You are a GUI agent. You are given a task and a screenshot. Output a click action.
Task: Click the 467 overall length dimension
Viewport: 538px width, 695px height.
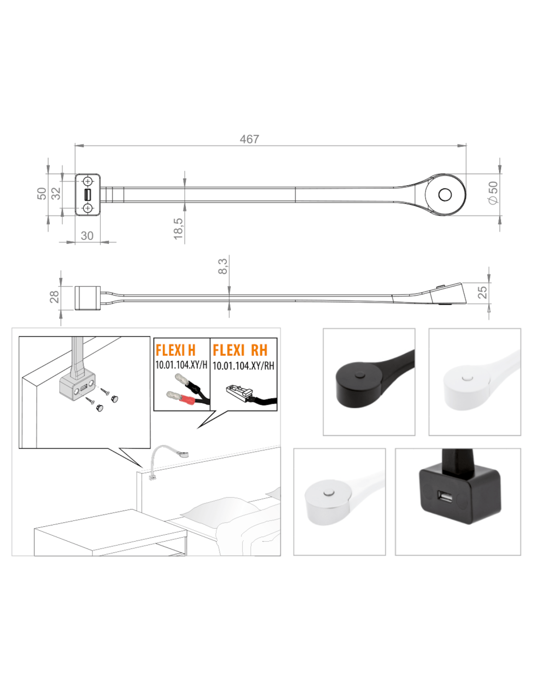(249, 139)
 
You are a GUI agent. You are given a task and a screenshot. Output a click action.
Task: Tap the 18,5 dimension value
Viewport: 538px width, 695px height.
(178, 229)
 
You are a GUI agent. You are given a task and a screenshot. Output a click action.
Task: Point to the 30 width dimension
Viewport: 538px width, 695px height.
(87, 236)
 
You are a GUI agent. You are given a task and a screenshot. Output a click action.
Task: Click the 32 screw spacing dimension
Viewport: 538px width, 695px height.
(56, 194)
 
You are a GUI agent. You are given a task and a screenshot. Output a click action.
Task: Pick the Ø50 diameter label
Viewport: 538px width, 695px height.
(493, 193)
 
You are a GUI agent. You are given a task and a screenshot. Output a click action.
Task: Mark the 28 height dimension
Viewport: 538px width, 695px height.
(54, 297)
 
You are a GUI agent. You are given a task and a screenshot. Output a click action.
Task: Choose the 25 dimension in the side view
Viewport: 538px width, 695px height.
(482, 292)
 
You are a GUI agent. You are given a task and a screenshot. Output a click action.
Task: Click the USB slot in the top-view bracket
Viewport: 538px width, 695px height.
(88, 195)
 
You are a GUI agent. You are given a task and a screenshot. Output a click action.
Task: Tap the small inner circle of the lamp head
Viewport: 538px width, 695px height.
(445, 195)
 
